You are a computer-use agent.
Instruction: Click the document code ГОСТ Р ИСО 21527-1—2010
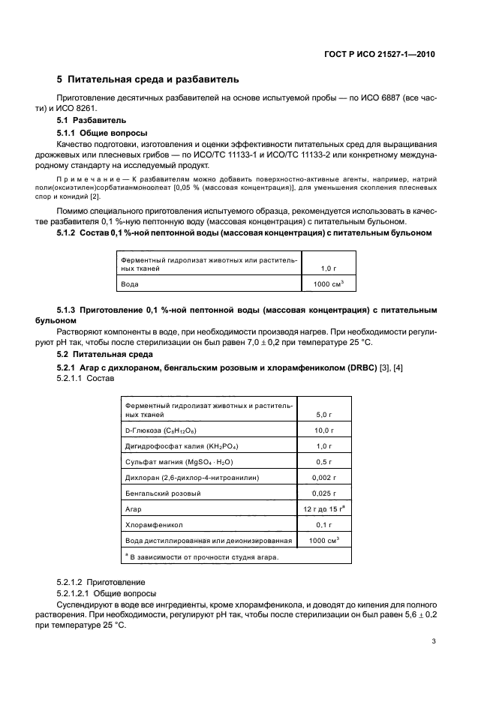[x=379, y=55]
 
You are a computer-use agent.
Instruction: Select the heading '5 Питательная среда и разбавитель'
[x=149, y=79]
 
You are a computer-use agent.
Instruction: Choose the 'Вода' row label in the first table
[x=130, y=285]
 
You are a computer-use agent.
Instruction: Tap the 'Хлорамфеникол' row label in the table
[x=149, y=525]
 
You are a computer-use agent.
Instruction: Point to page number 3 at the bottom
[x=434, y=641]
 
